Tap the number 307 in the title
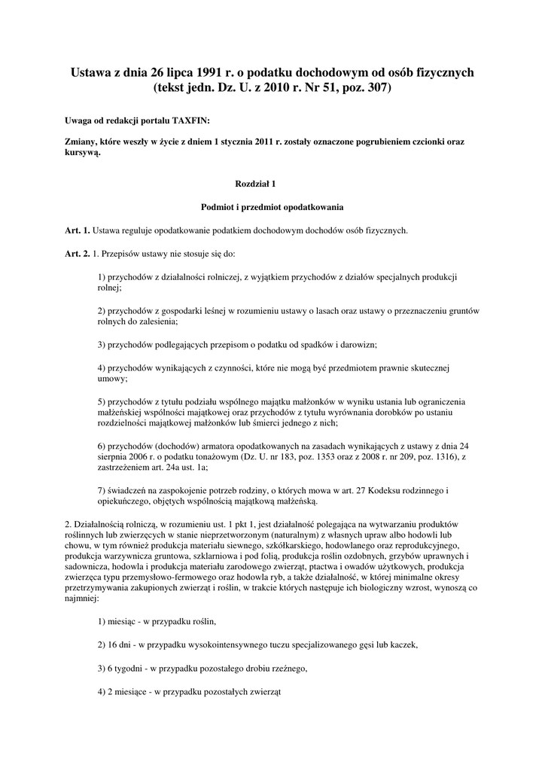click(379, 87)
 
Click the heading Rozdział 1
click(257, 183)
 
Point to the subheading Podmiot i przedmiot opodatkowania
click(272, 206)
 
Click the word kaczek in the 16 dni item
click(400, 645)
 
